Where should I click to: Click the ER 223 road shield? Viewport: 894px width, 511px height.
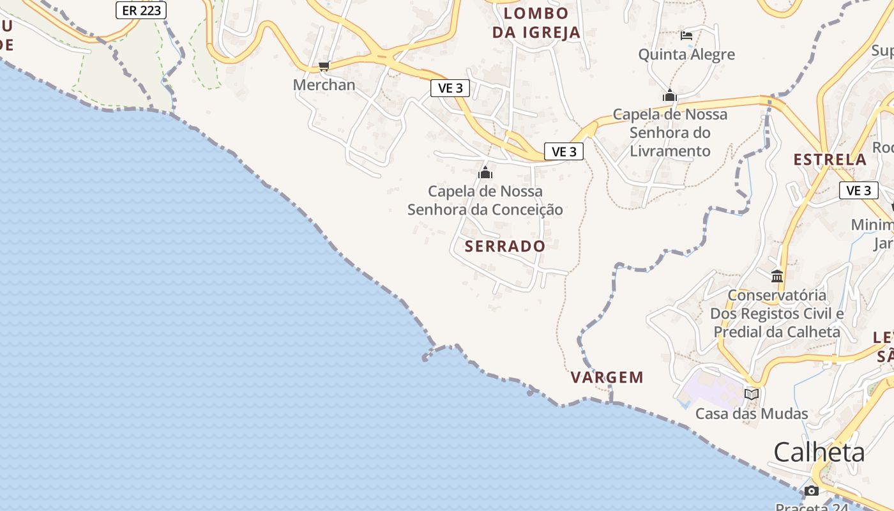141,10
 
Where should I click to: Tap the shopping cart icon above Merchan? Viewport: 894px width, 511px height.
324,66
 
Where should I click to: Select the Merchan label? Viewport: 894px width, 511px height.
324,85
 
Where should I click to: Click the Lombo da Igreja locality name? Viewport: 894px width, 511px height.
536,23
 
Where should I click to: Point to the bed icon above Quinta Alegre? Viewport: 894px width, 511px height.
686,35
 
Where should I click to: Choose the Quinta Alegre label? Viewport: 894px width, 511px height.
686,54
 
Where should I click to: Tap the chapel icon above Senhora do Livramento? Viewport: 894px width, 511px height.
670,96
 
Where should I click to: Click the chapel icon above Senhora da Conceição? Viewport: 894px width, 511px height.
485,172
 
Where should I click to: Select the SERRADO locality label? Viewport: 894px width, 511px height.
505,246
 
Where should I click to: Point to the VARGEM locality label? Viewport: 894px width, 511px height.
607,377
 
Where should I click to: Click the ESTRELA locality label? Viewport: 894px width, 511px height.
830,160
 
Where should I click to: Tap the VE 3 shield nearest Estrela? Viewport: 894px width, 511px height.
858,190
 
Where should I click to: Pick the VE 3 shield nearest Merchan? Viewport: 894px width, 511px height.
450,88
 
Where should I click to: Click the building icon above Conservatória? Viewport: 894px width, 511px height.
777,277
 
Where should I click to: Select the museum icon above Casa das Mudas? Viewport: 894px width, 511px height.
752,394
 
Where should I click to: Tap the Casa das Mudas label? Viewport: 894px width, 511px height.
752,414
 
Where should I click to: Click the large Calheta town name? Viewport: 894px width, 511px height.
819,452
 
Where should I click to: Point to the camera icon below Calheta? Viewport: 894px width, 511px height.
811,491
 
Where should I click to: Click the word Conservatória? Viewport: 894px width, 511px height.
777,296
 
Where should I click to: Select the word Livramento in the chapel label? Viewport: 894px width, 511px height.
670,151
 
